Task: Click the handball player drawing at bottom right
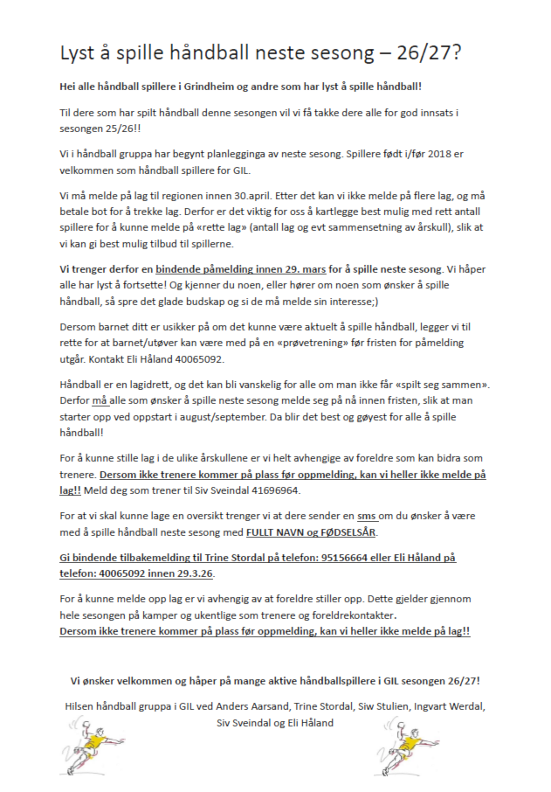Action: tap(402, 743)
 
